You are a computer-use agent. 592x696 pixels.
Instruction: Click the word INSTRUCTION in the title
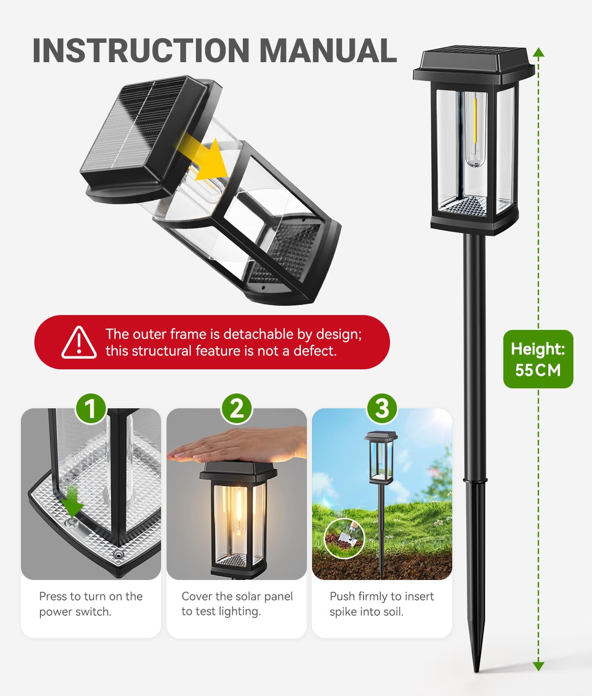click(141, 51)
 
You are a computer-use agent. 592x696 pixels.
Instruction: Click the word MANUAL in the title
click(328, 51)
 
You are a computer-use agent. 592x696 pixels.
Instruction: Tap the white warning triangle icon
click(79, 342)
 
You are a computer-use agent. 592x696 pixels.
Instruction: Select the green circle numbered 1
click(91, 409)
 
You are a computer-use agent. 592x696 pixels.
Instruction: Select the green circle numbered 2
click(236, 409)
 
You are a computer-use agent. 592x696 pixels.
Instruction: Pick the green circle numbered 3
click(382, 409)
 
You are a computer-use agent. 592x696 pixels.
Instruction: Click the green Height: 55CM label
click(538, 359)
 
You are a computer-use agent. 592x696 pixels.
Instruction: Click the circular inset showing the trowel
click(344, 539)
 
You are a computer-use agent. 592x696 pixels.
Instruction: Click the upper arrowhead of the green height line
click(539, 52)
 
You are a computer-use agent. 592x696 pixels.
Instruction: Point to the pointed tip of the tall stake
click(476, 671)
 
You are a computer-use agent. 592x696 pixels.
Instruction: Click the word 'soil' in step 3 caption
click(395, 612)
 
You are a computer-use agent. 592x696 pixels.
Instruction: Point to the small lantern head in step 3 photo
click(381, 458)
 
